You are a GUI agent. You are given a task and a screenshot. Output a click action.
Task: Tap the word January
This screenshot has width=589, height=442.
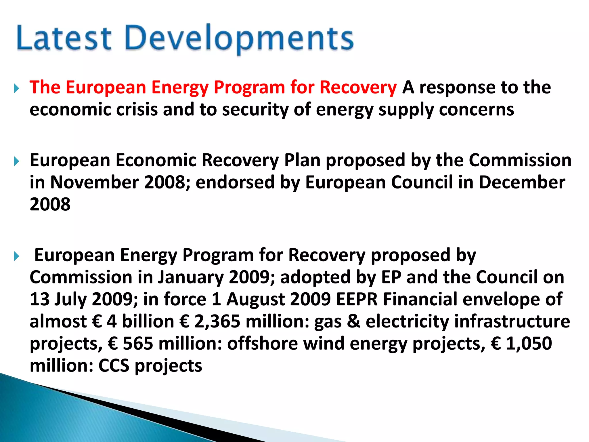(x=190, y=277)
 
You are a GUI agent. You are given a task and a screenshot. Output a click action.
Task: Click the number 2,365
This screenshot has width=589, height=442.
(x=217, y=321)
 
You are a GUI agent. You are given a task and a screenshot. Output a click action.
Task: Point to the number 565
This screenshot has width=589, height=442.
(x=138, y=344)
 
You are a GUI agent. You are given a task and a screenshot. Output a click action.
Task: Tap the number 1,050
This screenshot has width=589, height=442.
(x=529, y=344)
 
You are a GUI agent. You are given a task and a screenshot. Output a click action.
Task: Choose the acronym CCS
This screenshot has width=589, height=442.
(x=114, y=366)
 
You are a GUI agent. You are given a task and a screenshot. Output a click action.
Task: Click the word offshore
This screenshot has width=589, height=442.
(x=263, y=344)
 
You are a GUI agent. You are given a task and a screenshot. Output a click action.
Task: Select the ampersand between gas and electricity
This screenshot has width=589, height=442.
(x=353, y=321)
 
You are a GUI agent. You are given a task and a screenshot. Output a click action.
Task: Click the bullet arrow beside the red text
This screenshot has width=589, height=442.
(x=16, y=88)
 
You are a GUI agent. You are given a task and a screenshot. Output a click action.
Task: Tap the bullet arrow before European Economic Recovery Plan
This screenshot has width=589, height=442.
(x=16, y=161)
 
